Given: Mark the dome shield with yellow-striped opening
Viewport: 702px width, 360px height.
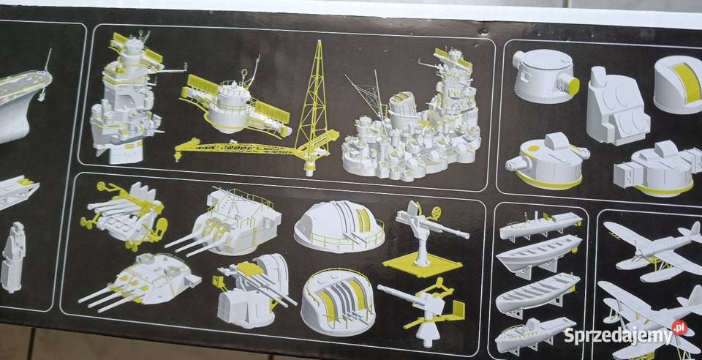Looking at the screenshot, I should [x=338, y=300].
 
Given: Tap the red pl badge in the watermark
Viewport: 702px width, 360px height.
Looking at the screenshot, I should [x=679, y=328].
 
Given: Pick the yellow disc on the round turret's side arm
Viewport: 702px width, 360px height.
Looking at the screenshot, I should [x=573, y=86].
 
